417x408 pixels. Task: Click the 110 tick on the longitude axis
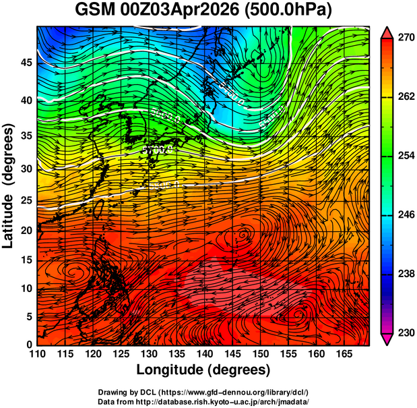point(37,354)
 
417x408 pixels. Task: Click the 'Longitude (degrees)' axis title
point(203,370)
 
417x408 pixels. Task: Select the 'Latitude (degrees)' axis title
point(9,186)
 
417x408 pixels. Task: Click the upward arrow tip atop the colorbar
point(387,32)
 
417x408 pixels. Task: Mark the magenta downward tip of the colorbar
point(387,340)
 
